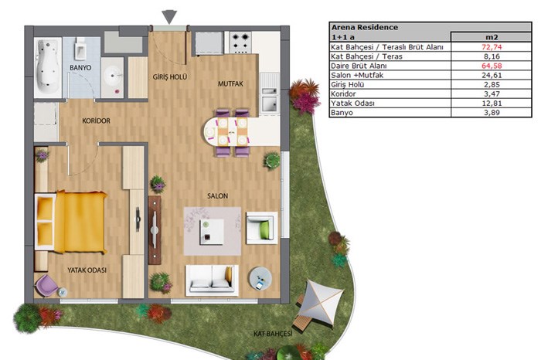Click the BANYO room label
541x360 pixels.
click(x=80, y=67)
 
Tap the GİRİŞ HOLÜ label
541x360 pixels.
click(x=170, y=77)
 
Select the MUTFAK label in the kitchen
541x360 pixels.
click(x=230, y=83)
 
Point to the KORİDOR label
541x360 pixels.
click(x=97, y=121)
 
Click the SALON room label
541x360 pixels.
click(x=217, y=196)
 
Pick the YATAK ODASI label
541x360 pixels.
click(x=87, y=270)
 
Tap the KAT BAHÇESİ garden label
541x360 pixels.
click(x=273, y=334)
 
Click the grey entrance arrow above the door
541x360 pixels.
click(x=169, y=17)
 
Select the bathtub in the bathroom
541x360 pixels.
click(x=48, y=66)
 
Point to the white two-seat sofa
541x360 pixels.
click(x=212, y=280)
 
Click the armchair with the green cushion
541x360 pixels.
click(x=261, y=228)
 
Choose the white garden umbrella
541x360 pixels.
click(x=320, y=302)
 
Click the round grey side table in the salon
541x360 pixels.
click(x=260, y=278)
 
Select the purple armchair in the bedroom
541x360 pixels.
click(x=46, y=286)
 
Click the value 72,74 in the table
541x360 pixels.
click(x=492, y=47)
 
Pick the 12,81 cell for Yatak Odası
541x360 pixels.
click(x=492, y=103)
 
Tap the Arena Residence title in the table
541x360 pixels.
click(x=365, y=27)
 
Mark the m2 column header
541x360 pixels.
click(x=492, y=37)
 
